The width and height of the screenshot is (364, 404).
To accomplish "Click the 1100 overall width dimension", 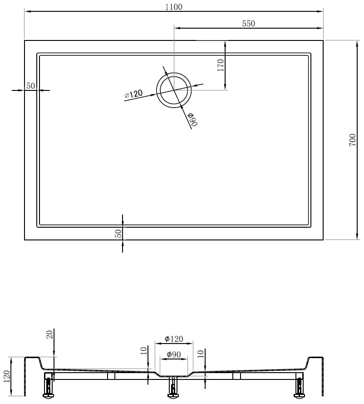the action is pyautogui.click(x=173, y=7).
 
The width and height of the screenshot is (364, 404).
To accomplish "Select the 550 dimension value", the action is pyautogui.click(x=249, y=24).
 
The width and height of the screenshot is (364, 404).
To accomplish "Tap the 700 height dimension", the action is pyautogui.click(x=352, y=140).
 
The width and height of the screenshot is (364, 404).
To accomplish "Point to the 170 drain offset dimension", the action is pyautogui.click(x=221, y=65).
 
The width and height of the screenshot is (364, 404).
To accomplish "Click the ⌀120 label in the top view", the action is pyautogui.click(x=133, y=95).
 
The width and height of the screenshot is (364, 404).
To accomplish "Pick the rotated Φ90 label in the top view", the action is pyautogui.click(x=193, y=120).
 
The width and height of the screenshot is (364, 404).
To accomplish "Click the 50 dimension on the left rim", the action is pyautogui.click(x=30, y=86).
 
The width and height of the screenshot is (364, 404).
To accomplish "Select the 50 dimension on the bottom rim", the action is pyautogui.click(x=118, y=234).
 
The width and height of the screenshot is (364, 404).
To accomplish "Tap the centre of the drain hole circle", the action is pyautogui.click(x=174, y=90).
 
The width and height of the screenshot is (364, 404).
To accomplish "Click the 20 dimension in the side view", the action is pyautogui.click(x=49, y=334).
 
